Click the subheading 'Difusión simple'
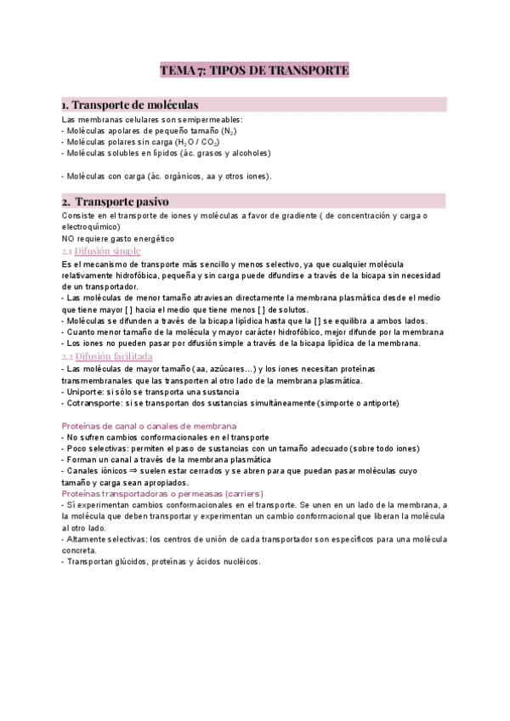click(x=107, y=252)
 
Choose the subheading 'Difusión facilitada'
click(x=113, y=356)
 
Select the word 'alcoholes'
click(x=246, y=154)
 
